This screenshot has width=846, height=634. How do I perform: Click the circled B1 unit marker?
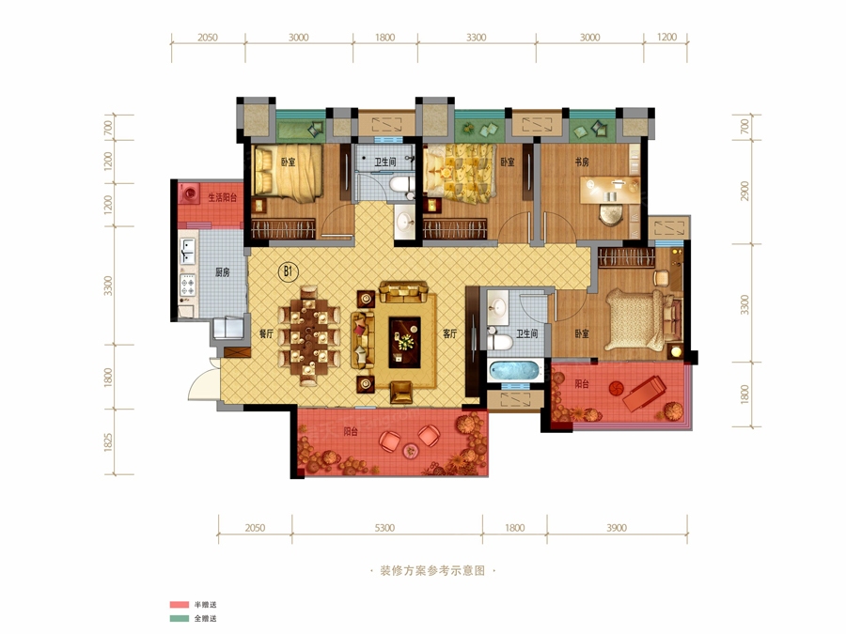coord(288,271)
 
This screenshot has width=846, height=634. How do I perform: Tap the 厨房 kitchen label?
coord(222,272)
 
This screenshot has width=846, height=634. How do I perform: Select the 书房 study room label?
coord(582,162)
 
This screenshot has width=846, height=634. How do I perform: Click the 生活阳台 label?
coord(222,198)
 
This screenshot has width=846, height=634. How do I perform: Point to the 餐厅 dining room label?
coord(267,333)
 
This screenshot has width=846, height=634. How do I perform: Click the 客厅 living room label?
coord(450,333)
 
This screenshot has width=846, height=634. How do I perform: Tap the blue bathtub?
coord(515,371)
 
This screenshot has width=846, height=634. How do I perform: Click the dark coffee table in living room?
coord(404,343)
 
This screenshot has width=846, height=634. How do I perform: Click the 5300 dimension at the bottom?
coord(384,528)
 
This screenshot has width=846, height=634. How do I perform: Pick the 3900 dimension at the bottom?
coord(616,528)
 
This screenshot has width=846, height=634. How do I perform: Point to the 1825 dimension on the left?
coord(108,442)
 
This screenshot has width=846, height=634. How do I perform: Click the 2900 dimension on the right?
coord(745,191)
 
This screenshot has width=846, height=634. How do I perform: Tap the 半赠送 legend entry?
coord(206,605)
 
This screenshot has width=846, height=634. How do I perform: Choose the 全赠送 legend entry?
coord(206,619)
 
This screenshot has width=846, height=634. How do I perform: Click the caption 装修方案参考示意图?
coord(432,571)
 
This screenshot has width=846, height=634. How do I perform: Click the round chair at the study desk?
coord(611,213)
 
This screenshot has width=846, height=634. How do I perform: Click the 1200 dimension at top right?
coord(666,38)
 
